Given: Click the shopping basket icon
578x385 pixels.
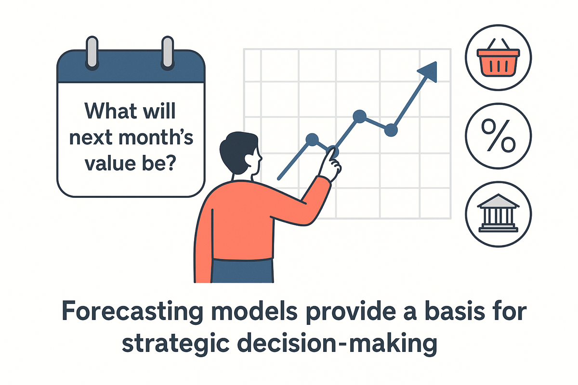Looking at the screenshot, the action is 498,61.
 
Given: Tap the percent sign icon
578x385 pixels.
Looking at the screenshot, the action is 498,135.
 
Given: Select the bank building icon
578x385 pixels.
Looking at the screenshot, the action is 498,213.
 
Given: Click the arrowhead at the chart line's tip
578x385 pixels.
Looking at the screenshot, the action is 429,71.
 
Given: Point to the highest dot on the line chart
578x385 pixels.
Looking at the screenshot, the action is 359,116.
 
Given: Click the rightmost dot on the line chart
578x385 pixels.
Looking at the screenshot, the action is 391,130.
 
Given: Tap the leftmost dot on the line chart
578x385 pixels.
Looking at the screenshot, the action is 312,140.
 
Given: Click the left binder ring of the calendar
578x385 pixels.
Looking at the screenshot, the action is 92,53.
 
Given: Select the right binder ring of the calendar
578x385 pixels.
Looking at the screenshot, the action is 168,53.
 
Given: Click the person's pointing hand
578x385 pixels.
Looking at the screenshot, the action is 330,164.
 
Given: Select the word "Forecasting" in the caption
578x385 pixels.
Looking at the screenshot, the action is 132,311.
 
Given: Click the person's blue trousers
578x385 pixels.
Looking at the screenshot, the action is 242,271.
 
